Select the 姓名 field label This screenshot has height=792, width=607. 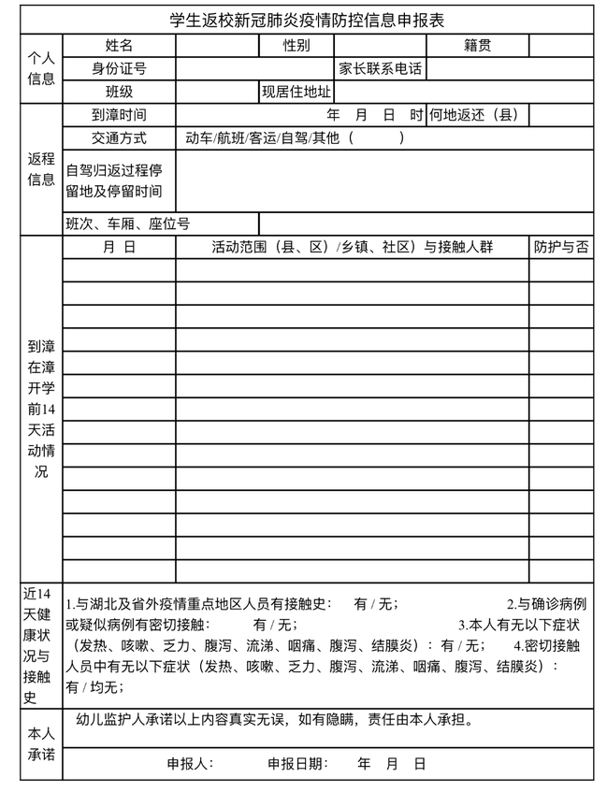119,45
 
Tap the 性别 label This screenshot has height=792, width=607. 296,45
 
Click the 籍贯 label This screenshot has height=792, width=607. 477,45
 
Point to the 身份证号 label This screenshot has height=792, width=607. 119,68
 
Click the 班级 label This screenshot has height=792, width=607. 119,92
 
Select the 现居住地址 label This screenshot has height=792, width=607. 296,92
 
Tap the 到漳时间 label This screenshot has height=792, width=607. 119,115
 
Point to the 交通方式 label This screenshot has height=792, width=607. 119,137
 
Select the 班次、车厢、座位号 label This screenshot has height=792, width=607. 127,223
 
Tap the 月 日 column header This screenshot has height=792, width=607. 119,247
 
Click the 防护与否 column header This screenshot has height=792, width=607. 561,247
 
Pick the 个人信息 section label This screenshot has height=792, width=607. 40,68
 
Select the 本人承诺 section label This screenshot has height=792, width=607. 40,744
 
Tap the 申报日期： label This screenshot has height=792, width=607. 297,763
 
